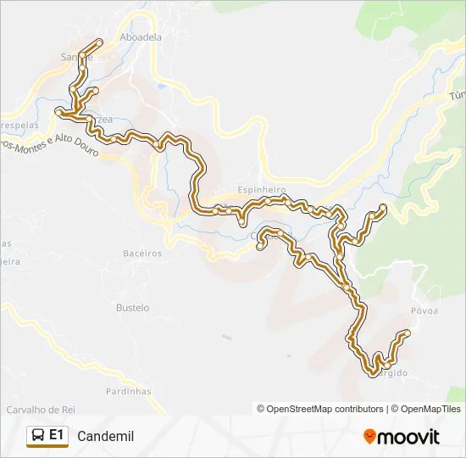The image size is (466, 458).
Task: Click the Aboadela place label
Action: point(141,37)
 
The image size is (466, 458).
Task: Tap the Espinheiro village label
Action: point(262,190)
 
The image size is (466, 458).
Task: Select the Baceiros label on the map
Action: point(142,253)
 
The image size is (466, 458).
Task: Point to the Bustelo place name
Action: point(132,307)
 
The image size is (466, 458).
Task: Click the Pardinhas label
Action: point(129,391)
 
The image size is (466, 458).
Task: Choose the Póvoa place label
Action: point(424,310)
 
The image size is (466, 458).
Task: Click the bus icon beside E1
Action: point(38,436)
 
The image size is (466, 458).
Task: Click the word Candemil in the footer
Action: point(105,437)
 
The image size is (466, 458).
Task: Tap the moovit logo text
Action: point(408,437)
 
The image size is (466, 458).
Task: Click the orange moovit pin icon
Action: point(369,437)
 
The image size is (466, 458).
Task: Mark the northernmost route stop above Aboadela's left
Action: point(100,42)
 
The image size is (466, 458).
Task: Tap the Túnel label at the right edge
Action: point(458,95)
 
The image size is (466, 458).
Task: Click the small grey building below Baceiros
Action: point(226,337)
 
